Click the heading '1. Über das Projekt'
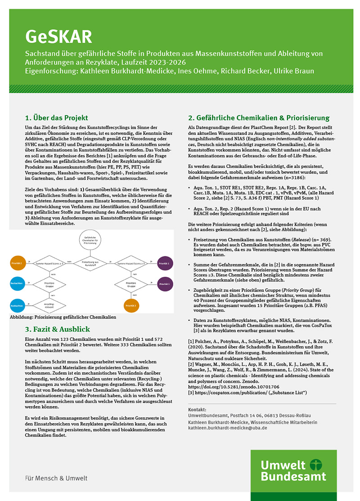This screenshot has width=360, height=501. (56, 118)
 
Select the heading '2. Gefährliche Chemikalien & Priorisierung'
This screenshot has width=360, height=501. (258, 118)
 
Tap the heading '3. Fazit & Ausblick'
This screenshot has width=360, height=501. (58, 329)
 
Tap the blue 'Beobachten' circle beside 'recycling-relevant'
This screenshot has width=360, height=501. (17, 306)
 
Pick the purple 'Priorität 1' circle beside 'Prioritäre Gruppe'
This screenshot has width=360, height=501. (164, 284)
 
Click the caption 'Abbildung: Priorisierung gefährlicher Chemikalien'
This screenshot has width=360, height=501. (63, 317)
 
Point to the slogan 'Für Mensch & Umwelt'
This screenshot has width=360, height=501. (56, 478)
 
